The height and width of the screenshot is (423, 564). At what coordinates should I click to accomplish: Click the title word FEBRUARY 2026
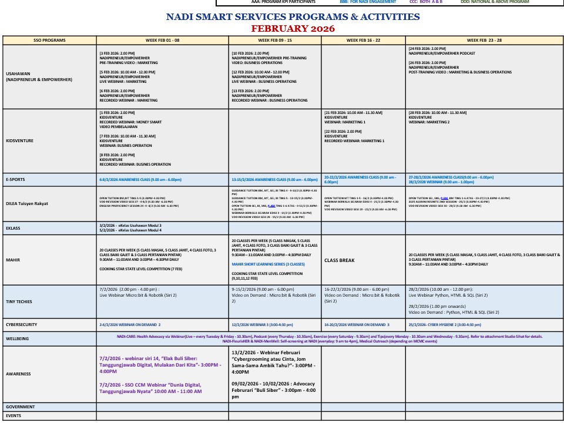[293, 28]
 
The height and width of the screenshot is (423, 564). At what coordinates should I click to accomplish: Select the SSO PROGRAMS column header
[49, 41]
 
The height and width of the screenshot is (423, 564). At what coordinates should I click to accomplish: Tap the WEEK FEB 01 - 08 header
[162, 41]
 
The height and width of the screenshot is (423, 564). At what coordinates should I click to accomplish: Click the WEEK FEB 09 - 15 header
[275, 41]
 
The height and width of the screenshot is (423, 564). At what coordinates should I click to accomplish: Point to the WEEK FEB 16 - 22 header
[363, 41]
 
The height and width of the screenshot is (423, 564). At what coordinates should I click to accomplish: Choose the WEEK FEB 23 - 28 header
[484, 41]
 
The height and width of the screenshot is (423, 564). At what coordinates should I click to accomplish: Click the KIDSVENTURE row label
[20, 141]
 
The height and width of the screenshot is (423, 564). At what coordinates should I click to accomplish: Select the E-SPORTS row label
[15, 179]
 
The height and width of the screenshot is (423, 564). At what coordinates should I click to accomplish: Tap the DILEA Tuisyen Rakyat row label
[28, 204]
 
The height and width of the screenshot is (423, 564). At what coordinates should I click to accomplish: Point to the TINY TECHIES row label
[19, 301]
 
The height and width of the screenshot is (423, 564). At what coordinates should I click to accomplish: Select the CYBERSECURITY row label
[22, 324]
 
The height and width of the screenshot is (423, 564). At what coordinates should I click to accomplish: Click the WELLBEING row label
[17, 338]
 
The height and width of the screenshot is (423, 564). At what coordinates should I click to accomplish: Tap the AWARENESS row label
[18, 374]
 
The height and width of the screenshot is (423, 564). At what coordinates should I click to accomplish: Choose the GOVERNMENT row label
[21, 407]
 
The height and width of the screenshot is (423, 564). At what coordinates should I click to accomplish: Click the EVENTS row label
[14, 416]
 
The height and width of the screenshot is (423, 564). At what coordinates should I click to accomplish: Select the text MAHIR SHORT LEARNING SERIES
[268, 264]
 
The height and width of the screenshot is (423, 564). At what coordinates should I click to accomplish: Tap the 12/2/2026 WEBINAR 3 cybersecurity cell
[262, 324]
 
